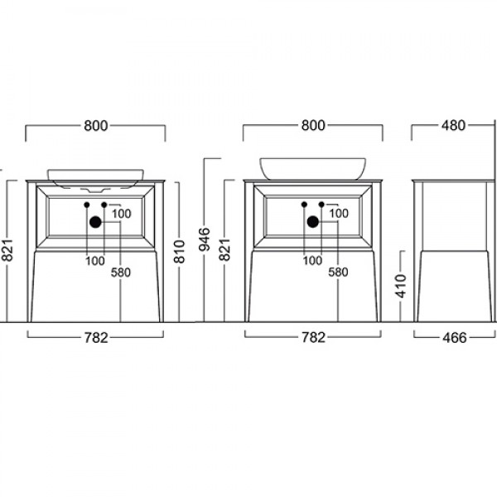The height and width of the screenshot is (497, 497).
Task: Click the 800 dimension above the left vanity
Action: (x=96, y=126)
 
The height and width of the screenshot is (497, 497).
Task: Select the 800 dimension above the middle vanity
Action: (x=312, y=126)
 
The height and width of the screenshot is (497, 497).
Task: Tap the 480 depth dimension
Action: (x=453, y=126)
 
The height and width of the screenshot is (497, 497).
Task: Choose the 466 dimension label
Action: (x=453, y=337)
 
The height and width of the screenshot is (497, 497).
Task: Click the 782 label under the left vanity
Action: (x=96, y=337)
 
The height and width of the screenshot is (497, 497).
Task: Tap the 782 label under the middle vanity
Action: (x=312, y=337)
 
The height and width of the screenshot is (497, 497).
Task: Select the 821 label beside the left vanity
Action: (x=8, y=246)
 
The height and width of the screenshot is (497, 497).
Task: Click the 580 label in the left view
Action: (x=122, y=272)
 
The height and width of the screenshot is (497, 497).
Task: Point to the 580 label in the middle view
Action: (x=338, y=272)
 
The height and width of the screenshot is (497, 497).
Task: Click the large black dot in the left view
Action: (x=95, y=221)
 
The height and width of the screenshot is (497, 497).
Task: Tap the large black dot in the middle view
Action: (x=313, y=221)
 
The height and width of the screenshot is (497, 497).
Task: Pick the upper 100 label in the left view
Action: (x=121, y=214)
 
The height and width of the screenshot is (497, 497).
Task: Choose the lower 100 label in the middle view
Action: (x=312, y=261)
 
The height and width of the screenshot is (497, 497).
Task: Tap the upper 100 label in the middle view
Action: (x=338, y=214)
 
